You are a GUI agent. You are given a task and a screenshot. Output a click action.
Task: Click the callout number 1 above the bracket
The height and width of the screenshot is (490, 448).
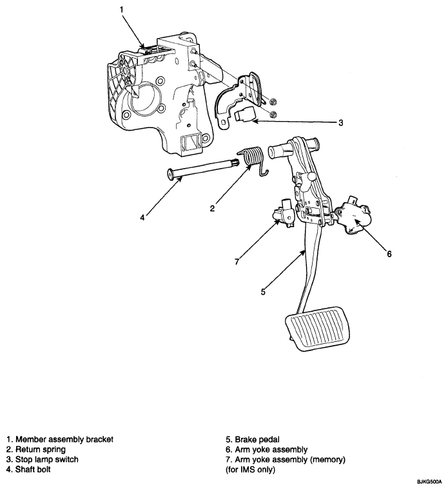pos(122,10)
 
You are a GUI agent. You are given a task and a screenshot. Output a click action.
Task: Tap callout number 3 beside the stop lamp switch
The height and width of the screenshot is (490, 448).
pos(341,122)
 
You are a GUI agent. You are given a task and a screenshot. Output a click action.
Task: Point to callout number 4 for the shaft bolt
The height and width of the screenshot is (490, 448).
pos(142,218)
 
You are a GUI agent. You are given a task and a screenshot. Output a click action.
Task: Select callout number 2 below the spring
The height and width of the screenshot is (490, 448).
pos(213,209)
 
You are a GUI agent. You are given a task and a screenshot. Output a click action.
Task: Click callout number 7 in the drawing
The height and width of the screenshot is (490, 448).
pos(237,261)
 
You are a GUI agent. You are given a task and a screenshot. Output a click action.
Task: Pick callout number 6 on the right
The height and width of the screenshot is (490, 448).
pos(389,254)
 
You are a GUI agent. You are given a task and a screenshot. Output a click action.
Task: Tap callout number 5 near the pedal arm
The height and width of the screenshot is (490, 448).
pos(263,292)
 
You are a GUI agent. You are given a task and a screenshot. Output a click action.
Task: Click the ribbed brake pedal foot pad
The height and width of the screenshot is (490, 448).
pos(318,329)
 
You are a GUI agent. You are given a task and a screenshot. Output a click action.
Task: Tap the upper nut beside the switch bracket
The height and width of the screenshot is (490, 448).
pos(273,101)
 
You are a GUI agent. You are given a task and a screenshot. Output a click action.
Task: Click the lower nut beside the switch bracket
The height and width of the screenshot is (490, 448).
pos(273,114)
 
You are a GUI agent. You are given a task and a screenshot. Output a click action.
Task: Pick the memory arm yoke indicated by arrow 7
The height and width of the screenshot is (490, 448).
pos(284,213)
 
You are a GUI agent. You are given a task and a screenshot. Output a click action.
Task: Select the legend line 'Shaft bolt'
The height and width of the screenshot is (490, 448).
pos(28,469)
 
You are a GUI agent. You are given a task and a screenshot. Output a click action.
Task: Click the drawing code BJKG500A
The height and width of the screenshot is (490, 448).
pos(429,482)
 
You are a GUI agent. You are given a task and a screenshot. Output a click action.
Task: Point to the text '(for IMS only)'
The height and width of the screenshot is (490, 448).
pos(250,469)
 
